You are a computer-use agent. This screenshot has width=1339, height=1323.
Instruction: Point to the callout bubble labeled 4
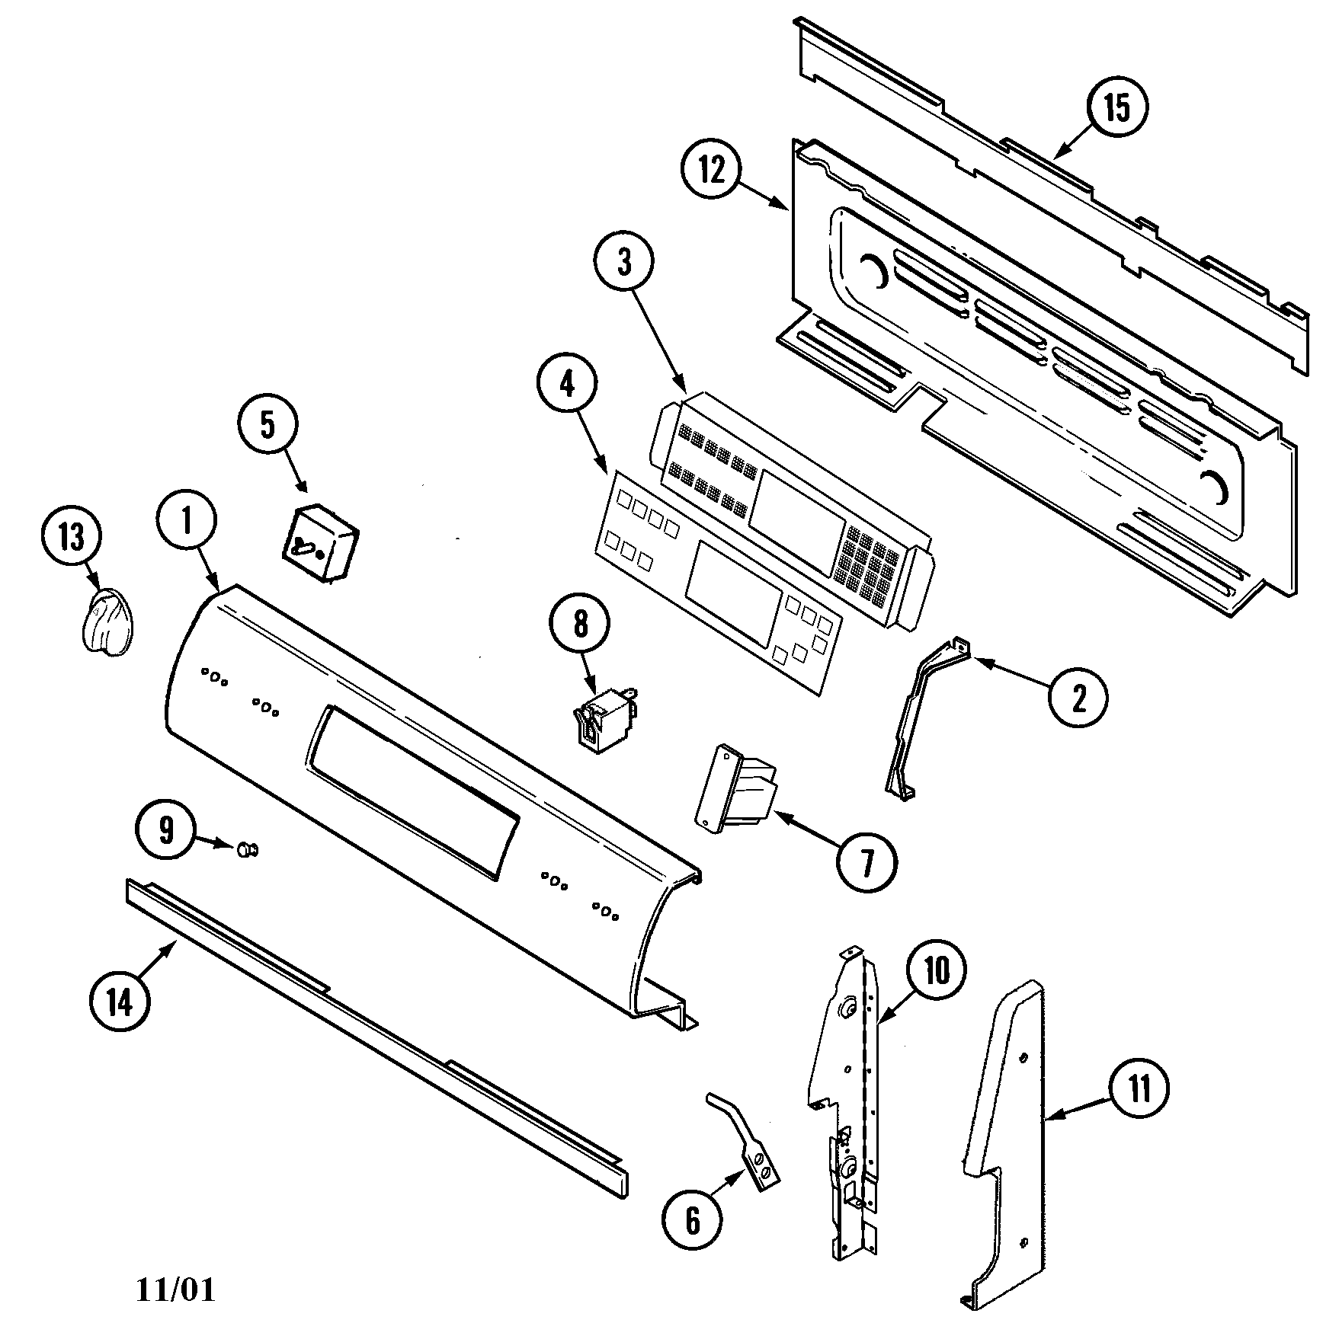pos(567,386)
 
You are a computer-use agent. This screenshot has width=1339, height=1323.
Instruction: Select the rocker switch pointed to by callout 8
pos(605,718)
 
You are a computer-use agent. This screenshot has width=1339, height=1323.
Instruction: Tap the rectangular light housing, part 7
pos(735,788)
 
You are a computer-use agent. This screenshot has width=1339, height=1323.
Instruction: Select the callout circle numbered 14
pos(120,1003)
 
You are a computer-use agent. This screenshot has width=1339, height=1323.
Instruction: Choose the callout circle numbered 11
pos(1138,1090)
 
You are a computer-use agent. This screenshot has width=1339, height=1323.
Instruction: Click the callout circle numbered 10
pos(937,970)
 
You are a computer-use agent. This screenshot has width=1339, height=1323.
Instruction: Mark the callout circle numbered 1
pos(187,519)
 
